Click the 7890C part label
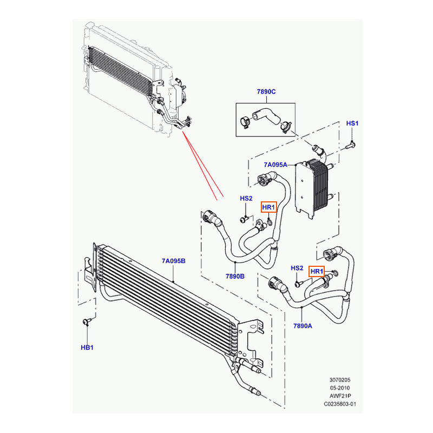tap(266, 91)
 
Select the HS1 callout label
tap(352, 123)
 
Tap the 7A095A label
tap(275, 165)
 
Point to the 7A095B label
tap(173, 261)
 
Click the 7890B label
tap(235, 276)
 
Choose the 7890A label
tap(303, 326)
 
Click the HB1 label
tap(87, 347)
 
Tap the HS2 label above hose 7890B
tap(246, 198)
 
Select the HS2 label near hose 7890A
tap(297, 268)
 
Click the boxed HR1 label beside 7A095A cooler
tap(268, 207)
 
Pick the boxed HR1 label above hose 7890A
tap(317, 272)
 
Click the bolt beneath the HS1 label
tap(351, 145)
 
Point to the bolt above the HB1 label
tap(87, 321)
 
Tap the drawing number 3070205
tap(340, 380)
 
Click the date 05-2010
tap(340, 388)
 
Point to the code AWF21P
tap(340, 396)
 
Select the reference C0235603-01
tap(340, 404)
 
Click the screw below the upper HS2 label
tap(244, 219)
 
